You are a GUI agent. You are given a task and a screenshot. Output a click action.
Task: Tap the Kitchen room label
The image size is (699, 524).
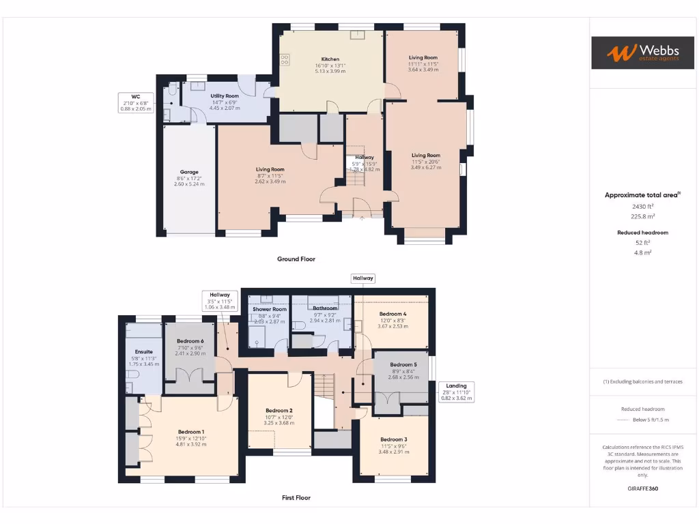pyautogui.click(x=330, y=59)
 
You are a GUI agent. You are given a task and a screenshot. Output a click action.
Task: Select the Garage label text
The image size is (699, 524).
pyautogui.click(x=189, y=172)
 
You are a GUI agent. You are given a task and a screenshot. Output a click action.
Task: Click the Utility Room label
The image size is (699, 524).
pyautogui.click(x=225, y=96)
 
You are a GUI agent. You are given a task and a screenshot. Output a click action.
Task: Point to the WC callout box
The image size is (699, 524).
pyautogui.click(x=136, y=102)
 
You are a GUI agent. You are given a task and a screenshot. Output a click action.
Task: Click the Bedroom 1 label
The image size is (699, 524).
pyautogui.click(x=191, y=432)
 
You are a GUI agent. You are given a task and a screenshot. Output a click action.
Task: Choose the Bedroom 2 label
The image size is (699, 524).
pyautogui.click(x=279, y=411)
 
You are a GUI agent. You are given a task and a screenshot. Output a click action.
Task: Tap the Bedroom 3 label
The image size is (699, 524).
pyautogui.click(x=394, y=439)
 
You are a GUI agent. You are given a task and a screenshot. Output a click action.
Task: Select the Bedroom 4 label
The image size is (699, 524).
pyautogui.click(x=393, y=314)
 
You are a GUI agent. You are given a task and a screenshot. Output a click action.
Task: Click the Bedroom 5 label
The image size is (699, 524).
pyautogui.click(x=401, y=365)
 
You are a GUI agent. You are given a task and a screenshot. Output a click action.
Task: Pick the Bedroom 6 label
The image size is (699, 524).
pyautogui.click(x=190, y=341)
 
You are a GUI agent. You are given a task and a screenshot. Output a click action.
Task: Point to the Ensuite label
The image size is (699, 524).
pyautogui.click(x=144, y=353)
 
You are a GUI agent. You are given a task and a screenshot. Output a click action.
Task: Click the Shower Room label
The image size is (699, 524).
pyautogui.click(x=269, y=309)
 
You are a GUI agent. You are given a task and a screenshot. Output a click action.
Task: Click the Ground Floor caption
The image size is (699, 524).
pyautogui.click(x=296, y=259)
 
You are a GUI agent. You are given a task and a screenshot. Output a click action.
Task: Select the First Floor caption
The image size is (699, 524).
pyautogui.click(x=296, y=498)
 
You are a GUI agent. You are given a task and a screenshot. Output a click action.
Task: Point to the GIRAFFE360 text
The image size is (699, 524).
pyautogui.click(x=642, y=489)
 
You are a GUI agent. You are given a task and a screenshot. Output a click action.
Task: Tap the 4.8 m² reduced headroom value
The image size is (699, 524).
pyautogui.click(x=642, y=252)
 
